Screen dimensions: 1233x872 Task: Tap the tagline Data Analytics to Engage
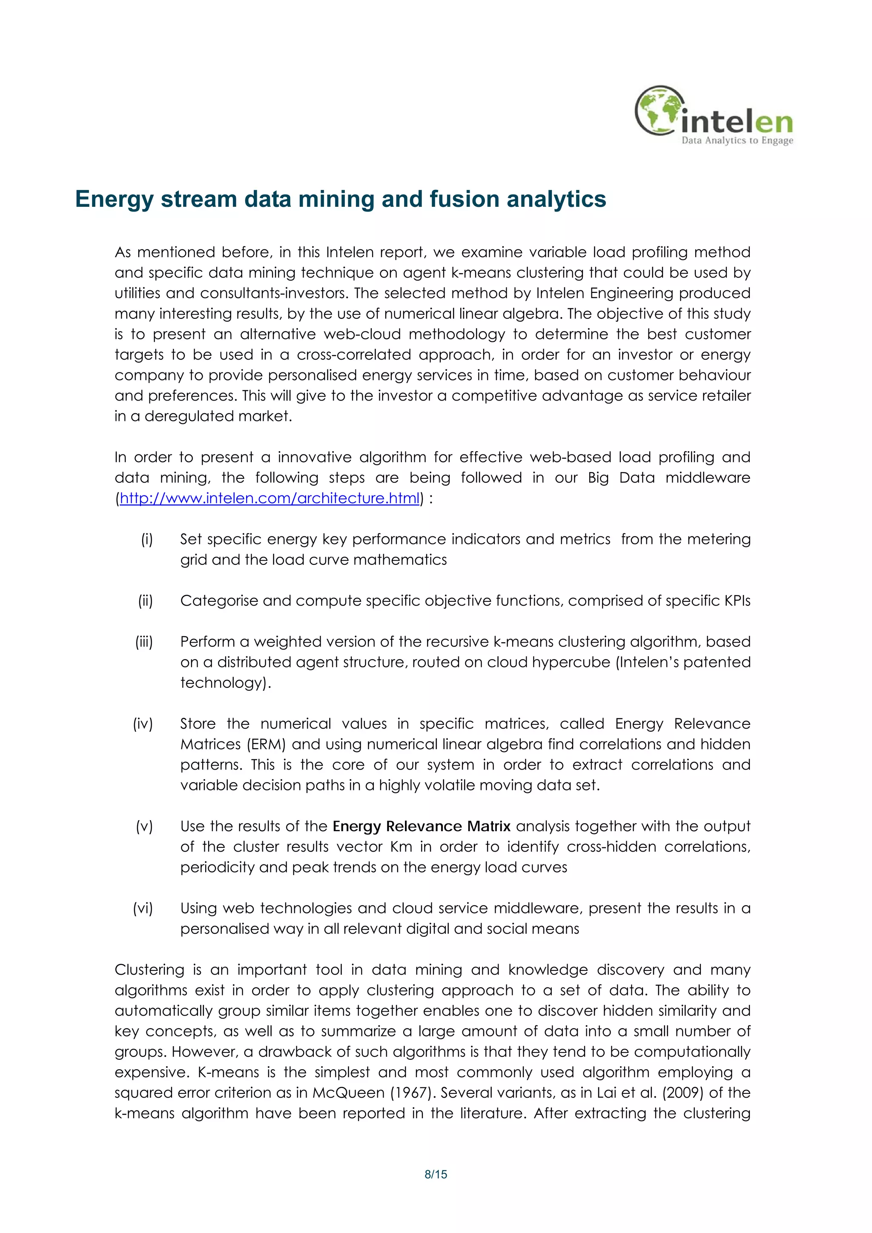pyautogui.click(x=737, y=141)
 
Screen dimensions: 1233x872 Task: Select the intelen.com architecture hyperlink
pyautogui.click(x=269, y=498)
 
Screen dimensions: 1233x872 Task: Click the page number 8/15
pyautogui.click(x=436, y=1174)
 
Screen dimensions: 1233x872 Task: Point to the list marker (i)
pyautogui.click(x=146, y=539)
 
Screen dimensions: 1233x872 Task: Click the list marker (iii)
pyautogui.click(x=143, y=642)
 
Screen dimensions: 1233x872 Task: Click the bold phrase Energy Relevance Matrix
pyautogui.click(x=421, y=826)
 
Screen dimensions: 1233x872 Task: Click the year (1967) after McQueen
pyautogui.click(x=412, y=1093)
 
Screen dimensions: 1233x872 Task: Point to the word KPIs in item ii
pyautogui.click(x=737, y=601)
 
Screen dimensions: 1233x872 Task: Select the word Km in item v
pyautogui.click(x=401, y=847)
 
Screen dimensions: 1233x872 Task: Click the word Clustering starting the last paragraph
pyautogui.click(x=149, y=970)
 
